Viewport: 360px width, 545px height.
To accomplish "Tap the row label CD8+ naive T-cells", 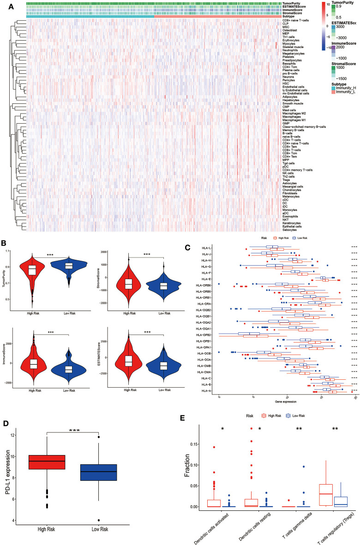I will [x=294, y=21].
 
